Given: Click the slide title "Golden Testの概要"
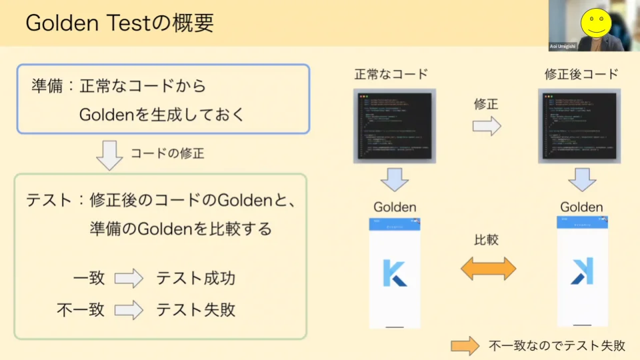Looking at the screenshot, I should pos(120,23).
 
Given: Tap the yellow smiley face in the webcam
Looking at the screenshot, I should pos(595,21).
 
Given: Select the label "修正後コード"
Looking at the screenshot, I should pos(581,74).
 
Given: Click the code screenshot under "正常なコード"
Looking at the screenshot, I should pos(395,126).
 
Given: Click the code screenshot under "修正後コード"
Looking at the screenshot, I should pos(581,126).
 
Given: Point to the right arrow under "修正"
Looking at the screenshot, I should pos(487,126).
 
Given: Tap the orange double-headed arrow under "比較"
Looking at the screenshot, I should pos(489,268).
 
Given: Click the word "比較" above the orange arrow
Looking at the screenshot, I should pos(487,240).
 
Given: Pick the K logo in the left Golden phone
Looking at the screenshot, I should pos(395,273).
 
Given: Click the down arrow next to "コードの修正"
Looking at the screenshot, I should pos(110,155).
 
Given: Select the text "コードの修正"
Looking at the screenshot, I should pos(167,153).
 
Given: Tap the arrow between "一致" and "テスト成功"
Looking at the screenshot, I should pos(129,278).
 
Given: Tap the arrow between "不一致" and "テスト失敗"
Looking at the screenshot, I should pos(129,310).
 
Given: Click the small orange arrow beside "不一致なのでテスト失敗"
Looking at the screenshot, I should pos(465,345).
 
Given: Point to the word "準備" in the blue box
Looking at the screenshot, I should pos(48,86).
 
